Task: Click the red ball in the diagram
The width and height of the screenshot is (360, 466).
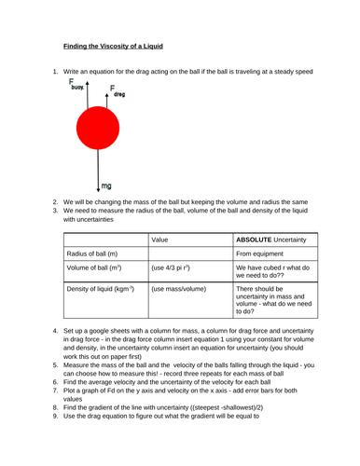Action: (x=98, y=130)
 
